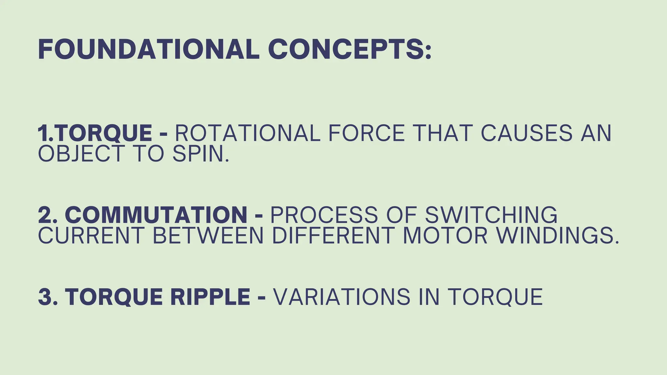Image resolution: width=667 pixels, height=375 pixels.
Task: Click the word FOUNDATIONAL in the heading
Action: [149, 49]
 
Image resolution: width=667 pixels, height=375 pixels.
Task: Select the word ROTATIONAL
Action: [248, 133]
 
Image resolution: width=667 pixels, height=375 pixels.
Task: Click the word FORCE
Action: [366, 133]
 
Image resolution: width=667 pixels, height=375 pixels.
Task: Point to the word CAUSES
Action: [526, 133]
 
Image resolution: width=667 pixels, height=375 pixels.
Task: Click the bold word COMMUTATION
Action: [156, 215]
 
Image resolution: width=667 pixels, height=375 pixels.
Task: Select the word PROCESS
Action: [324, 215]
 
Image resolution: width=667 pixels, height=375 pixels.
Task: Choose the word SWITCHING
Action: [491, 215]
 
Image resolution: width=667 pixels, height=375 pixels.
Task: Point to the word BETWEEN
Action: [208, 235]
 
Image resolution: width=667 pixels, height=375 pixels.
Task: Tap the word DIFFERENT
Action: [333, 235]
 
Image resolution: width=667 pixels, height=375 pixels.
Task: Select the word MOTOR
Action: [445, 235]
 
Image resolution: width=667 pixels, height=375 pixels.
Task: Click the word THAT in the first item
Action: [442, 133]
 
